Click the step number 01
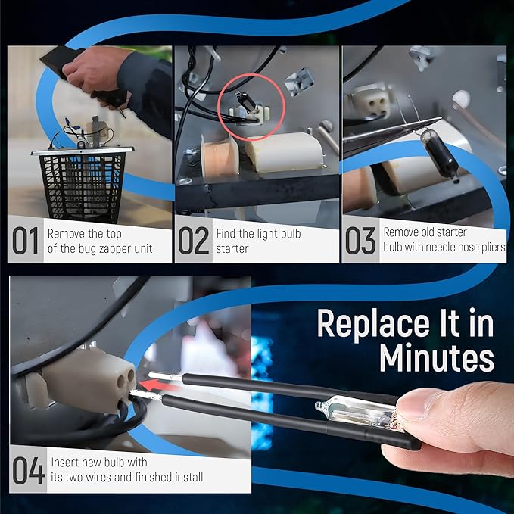pos(26,241)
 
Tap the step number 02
pos(193,241)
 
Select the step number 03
pos(360,241)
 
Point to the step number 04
pos(28,470)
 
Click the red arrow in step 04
pos(157,385)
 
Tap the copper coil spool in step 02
pos(220,157)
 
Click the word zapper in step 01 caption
pos(114,248)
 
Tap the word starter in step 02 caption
pos(232,248)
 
